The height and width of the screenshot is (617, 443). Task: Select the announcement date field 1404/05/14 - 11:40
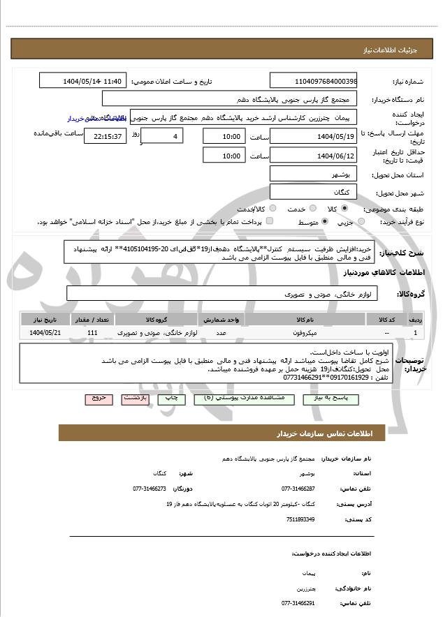coord(83,81)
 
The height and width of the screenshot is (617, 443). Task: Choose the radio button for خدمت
coord(272,209)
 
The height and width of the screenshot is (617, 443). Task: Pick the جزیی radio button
coord(361,222)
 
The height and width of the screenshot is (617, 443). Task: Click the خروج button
coord(99,399)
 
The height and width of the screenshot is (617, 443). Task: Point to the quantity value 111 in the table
coord(92,333)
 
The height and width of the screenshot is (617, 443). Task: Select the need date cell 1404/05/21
coord(46,333)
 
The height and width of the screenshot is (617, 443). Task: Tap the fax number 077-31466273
coord(150,489)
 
